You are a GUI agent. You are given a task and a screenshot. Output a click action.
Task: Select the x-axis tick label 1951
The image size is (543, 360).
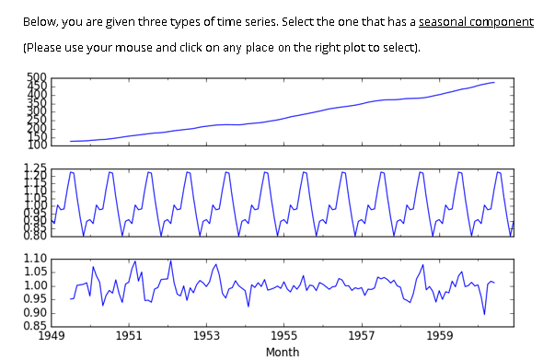(x=129, y=336)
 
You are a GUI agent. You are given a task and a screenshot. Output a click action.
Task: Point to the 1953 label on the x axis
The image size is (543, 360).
(x=206, y=336)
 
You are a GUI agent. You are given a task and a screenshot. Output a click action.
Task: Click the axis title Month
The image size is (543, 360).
(x=282, y=351)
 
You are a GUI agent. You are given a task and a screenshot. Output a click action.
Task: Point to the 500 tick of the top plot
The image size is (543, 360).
(x=37, y=78)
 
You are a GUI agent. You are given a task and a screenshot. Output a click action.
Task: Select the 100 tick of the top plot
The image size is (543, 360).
(x=37, y=145)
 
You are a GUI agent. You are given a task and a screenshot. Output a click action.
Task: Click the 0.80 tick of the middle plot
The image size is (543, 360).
(x=34, y=236)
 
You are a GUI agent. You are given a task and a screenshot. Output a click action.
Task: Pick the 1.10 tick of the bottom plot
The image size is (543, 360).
(x=34, y=259)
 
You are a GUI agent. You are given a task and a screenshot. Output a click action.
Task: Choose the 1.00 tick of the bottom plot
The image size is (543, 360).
(x=34, y=285)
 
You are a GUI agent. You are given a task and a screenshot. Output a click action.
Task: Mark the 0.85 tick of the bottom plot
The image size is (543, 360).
(x=34, y=325)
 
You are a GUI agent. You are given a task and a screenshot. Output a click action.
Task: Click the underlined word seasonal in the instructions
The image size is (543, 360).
(x=444, y=21)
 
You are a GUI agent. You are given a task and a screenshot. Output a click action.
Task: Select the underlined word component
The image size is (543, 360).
(x=503, y=21)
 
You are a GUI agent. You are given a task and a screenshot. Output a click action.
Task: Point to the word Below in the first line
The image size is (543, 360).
(x=40, y=21)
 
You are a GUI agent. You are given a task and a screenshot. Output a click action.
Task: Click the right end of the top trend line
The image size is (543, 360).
(x=494, y=83)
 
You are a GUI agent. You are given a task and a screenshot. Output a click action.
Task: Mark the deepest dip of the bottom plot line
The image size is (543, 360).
(x=484, y=314)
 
